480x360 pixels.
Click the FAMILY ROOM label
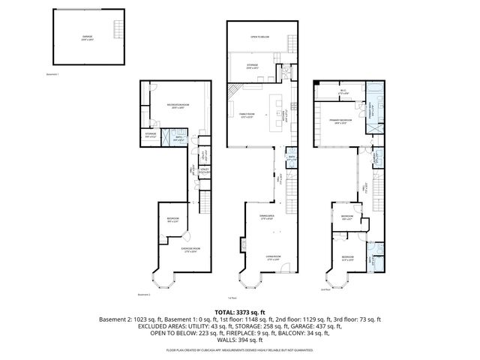coord(247,115)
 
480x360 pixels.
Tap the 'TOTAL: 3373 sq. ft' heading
coord(239,311)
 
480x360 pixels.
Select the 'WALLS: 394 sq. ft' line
coord(239,341)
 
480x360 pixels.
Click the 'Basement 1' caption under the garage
coord(51,76)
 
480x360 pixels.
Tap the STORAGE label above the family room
coord(253,66)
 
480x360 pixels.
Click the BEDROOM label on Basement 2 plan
coord(173,219)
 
